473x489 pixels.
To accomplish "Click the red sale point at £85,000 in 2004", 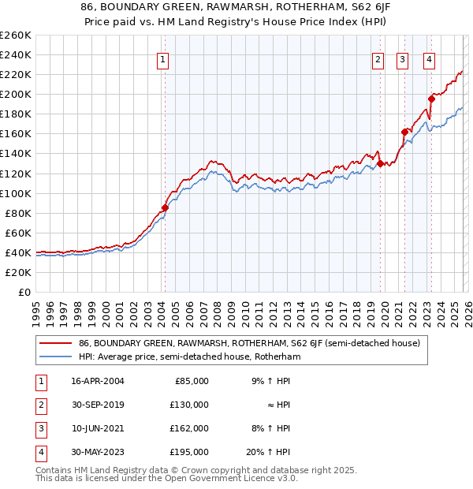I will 165,208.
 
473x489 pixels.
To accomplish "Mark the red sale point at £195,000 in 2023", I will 431,99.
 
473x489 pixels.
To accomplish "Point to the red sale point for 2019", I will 380,163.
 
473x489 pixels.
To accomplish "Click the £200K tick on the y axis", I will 16,94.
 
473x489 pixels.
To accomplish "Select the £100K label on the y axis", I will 16,193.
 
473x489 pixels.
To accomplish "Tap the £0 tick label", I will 23,292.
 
